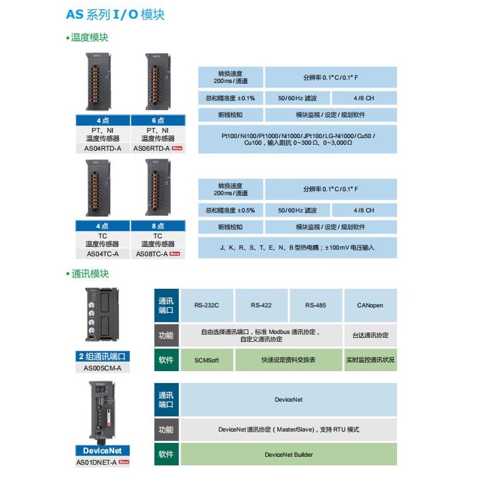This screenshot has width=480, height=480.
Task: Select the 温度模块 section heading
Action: pos(89,37)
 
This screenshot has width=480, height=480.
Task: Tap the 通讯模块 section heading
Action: pos(89,274)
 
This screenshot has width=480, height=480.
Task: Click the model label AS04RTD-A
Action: pos(104,147)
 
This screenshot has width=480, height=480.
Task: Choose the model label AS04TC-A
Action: pos(104,253)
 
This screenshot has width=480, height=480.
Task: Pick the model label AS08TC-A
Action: pos(152,253)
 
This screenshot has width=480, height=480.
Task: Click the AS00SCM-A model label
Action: pos(103,368)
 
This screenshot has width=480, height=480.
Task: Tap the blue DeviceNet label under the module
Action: pos(103,451)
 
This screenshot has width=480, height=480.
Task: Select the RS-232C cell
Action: pos(206,305)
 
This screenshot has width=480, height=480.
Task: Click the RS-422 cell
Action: pos(262,305)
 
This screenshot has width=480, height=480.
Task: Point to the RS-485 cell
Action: pos(316,305)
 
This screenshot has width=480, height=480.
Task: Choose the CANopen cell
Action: pos(370,305)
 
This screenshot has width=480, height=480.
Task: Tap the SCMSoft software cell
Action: pos(206,360)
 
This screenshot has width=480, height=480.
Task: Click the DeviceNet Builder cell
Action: pos(288,455)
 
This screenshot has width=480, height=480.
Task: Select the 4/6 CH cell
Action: pos(363,98)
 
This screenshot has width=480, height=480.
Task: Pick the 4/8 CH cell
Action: pos(363,210)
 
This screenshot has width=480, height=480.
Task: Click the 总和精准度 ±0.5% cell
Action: pos(230,210)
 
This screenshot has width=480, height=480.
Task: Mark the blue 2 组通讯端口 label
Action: pos(103,357)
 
